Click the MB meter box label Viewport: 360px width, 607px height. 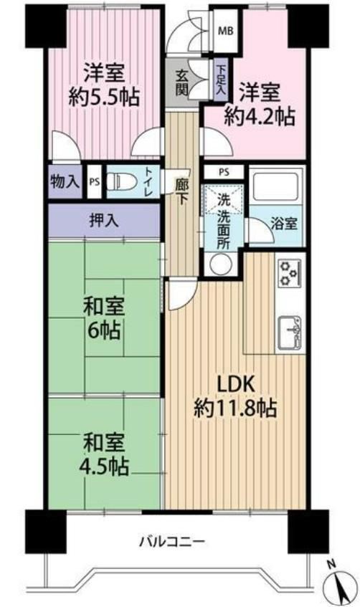pos(225,31)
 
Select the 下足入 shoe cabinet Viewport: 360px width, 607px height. pos(221,80)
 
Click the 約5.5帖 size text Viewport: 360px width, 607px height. pos(104,97)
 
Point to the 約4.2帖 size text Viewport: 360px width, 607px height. pos(260,115)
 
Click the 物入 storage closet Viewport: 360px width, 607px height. pos(65,181)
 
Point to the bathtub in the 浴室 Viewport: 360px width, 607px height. pos(275,186)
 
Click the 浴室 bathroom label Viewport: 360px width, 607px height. pos(284,224)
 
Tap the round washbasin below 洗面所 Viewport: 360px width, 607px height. pos(220,264)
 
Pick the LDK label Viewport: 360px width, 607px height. pos(235,384)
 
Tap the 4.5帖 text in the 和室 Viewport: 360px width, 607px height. pos(104,466)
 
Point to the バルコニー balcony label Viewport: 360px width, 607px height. pos(172,541)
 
